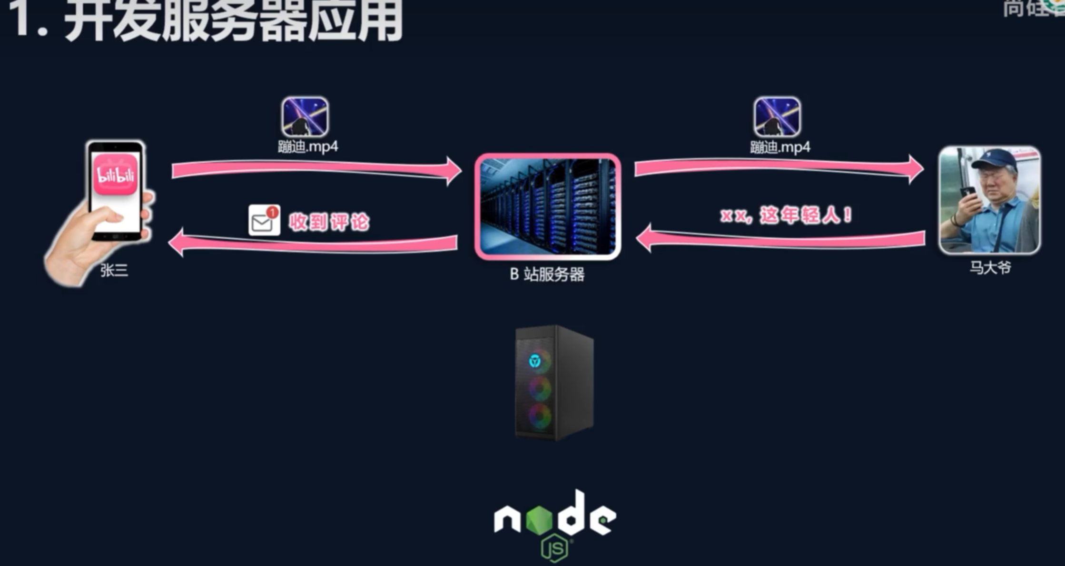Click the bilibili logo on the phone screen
tap(116, 175)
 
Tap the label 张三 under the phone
tap(114, 270)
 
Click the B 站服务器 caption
tap(547, 274)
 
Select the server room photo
tap(547, 206)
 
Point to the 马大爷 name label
tap(990, 268)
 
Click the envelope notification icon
tap(264, 220)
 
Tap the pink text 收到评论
tap(329, 222)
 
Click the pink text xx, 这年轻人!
tap(786, 215)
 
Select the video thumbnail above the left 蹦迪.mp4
tap(305, 117)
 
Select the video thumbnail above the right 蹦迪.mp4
tap(777, 117)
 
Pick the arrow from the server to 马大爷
tap(779, 167)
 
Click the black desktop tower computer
tap(554, 382)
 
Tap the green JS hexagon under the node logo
tap(554, 548)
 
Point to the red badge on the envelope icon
tap(272, 212)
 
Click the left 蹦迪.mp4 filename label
tap(308, 146)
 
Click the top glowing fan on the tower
tap(536, 361)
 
